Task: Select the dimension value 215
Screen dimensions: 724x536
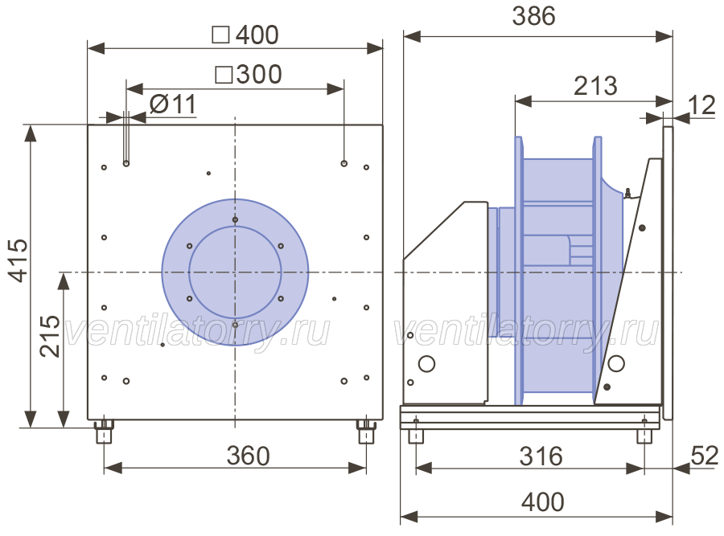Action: pyautogui.click(x=49, y=336)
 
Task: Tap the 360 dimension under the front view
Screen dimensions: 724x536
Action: pyautogui.click(x=249, y=456)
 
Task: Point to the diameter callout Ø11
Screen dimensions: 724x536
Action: pyautogui.click(x=173, y=104)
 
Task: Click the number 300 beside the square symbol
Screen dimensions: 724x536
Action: pyautogui.click(x=259, y=74)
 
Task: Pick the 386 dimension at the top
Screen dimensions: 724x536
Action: pyautogui.click(x=534, y=16)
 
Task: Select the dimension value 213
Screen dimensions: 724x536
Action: pyautogui.click(x=595, y=86)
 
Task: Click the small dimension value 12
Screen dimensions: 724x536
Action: pyautogui.click(x=701, y=105)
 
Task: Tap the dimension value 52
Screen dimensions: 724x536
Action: pyautogui.click(x=705, y=456)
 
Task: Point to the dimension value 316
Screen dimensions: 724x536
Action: pyautogui.click(x=541, y=456)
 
